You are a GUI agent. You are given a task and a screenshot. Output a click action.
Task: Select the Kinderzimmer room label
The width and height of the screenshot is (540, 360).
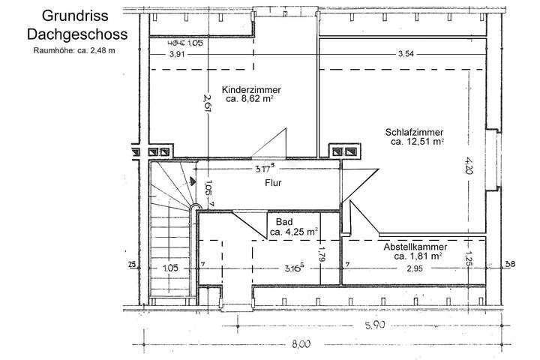point(252,89)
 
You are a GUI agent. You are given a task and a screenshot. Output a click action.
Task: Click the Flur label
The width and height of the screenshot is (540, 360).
point(272,181)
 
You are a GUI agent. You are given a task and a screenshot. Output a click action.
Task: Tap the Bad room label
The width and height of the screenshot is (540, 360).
point(284,223)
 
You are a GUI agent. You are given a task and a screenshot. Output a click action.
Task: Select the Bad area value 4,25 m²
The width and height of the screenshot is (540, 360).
point(293,232)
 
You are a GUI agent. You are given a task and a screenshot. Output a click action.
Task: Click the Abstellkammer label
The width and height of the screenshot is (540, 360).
point(415,247)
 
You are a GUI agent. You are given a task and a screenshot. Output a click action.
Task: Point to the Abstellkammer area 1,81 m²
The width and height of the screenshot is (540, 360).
point(415,256)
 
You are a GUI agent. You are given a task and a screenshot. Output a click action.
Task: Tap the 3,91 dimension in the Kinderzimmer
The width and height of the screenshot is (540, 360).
point(177,54)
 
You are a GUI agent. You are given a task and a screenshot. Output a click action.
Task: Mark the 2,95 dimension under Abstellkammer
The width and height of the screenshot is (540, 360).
point(415,268)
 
